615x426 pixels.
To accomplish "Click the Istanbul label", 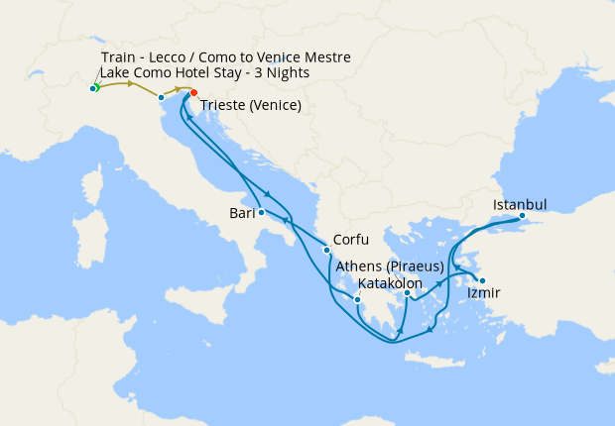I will point(520,205).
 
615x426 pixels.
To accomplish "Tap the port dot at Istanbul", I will point(522,215).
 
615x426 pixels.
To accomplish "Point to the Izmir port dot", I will point(481,279).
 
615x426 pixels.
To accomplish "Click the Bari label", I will point(241,212).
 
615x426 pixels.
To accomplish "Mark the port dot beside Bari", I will point(261,212).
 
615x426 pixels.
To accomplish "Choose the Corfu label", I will point(352,239).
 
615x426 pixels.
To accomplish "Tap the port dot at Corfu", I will point(326,249).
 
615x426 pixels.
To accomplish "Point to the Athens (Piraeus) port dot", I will point(407,292).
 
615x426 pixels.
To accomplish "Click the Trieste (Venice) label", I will point(251,106).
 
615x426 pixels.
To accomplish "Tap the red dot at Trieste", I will point(194,94).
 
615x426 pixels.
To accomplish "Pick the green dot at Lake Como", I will point(93,88).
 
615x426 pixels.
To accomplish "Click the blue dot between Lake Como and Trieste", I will point(161,96).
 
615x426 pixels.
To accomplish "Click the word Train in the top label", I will point(120,57).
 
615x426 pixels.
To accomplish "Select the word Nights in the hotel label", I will point(288,73).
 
